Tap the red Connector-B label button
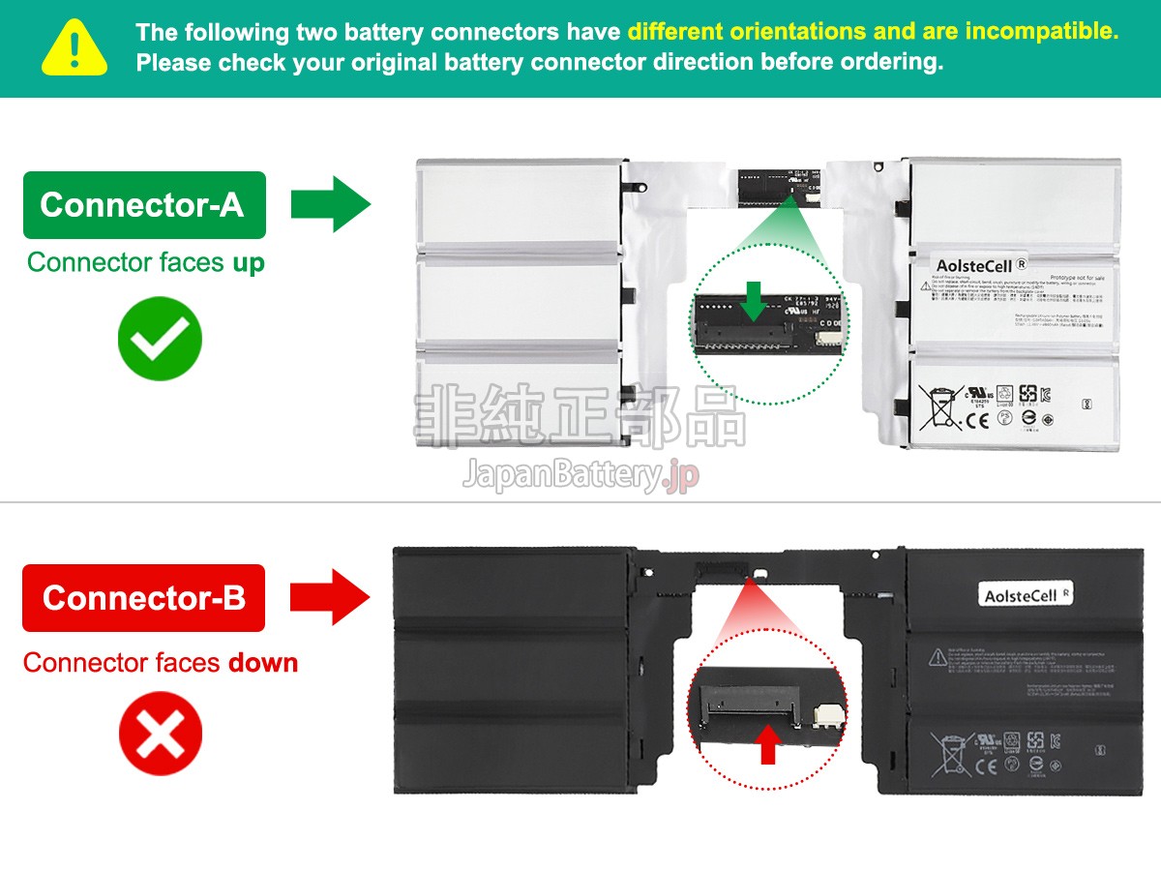pyautogui.click(x=143, y=598)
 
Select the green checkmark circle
pyautogui.click(x=160, y=339)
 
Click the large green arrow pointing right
pyautogui.click(x=330, y=204)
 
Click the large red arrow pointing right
pyautogui.click(x=330, y=597)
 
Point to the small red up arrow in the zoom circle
pyautogui.click(x=768, y=744)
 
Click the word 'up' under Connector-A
pyautogui.click(x=249, y=262)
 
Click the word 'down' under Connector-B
pyautogui.click(x=263, y=663)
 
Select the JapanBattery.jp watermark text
pyautogui.click(x=580, y=475)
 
